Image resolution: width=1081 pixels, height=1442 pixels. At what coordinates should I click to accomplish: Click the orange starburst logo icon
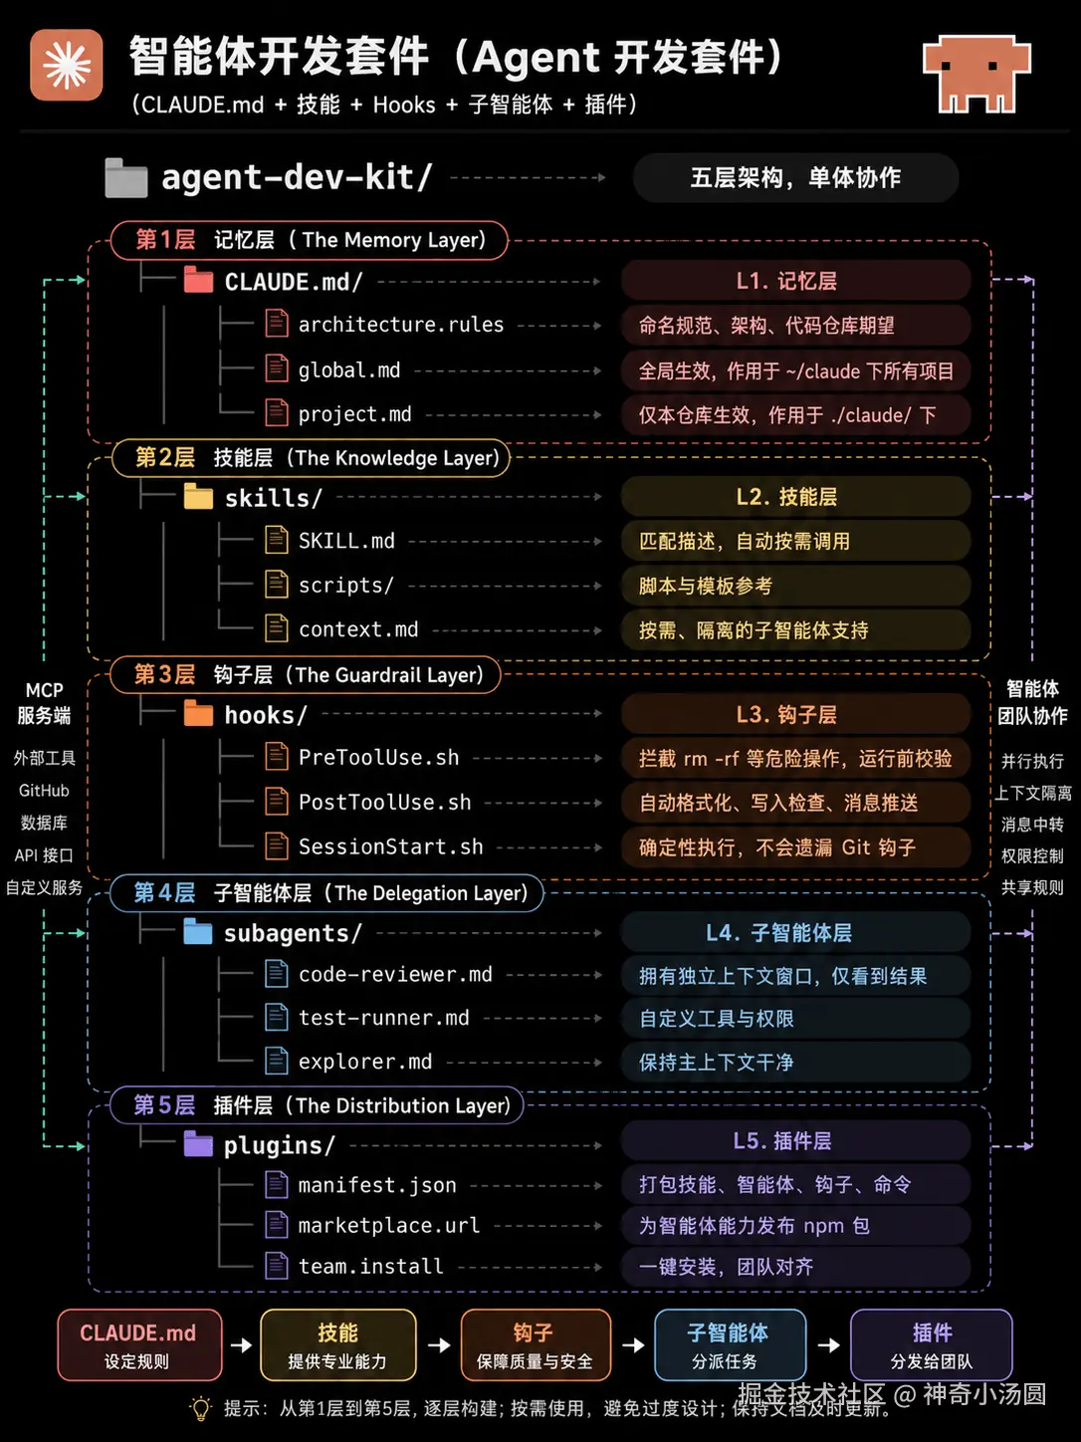[x=66, y=65]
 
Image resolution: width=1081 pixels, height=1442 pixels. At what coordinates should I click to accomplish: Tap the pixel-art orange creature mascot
[x=976, y=74]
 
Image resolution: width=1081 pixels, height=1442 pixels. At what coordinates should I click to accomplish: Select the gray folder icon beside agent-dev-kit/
[x=126, y=177]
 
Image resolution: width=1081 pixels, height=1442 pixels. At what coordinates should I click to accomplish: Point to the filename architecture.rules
[x=401, y=325]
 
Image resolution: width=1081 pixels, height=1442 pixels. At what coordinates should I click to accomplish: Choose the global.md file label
[x=349, y=369]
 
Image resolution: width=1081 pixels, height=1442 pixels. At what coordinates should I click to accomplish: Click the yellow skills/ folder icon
[x=198, y=496]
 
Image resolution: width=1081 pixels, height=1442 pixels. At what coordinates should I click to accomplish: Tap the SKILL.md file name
[x=346, y=541]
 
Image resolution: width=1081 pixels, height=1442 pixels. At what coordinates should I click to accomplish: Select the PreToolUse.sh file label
[x=378, y=758]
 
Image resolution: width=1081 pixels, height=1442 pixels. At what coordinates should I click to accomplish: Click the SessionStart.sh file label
[x=390, y=846]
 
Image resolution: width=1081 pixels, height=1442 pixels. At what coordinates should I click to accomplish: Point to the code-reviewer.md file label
[x=395, y=974]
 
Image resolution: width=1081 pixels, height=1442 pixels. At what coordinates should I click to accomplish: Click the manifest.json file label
[x=376, y=1184]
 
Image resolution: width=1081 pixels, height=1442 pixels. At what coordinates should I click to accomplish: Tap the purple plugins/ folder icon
[x=197, y=1144]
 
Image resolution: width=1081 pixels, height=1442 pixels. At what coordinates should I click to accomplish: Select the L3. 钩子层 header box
[x=795, y=714]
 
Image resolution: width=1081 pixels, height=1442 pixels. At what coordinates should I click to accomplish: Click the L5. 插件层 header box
[x=795, y=1140]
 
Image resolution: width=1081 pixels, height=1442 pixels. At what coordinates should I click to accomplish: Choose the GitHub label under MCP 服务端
[x=44, y=791]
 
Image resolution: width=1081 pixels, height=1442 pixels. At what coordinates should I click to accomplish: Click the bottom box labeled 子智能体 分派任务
[x=730, y=1344]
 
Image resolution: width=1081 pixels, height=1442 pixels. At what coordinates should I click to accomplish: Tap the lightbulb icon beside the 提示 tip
[x=201, y=1408]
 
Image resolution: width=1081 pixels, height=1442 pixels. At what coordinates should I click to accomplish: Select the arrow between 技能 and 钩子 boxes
[x=438, y=1344]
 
